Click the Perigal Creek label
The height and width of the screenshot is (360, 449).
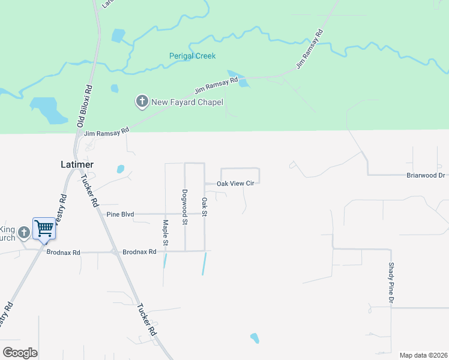191,56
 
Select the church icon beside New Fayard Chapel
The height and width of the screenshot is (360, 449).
142,101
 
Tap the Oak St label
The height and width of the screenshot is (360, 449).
204,207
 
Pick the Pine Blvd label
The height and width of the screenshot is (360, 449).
120,214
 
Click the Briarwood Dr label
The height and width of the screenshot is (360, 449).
426,175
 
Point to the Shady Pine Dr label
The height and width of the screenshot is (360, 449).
390,281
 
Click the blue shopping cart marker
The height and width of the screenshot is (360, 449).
44,229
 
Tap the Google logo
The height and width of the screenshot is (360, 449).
20,352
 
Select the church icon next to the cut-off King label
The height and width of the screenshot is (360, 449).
24,232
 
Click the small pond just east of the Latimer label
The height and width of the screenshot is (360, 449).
121,169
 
